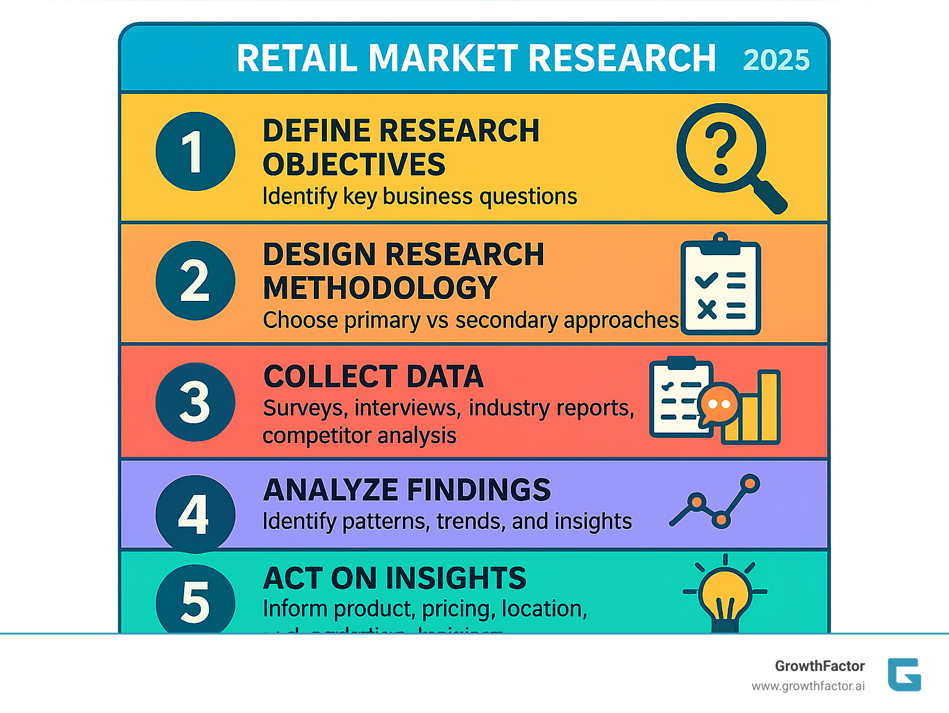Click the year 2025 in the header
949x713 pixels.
tap(776, 61)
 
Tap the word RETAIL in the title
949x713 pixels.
tap(297, 59)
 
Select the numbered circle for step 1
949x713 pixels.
tap(195, 152)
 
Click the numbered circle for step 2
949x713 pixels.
tap(195, 281)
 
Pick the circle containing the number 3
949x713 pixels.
tap(195, 402)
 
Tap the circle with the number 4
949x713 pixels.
tap(195, 513)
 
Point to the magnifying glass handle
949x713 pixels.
tap(769, 196)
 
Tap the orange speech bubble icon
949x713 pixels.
tap(719, 405)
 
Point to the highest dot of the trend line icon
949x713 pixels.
tap(749, 483)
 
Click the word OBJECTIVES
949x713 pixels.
tap(354, 165)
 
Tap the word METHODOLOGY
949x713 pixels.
tap(380, 288)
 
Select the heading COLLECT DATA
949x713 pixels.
tap(373, 377)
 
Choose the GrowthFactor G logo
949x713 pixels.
tap(904, 674)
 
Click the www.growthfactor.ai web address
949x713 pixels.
tap(808, 686)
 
